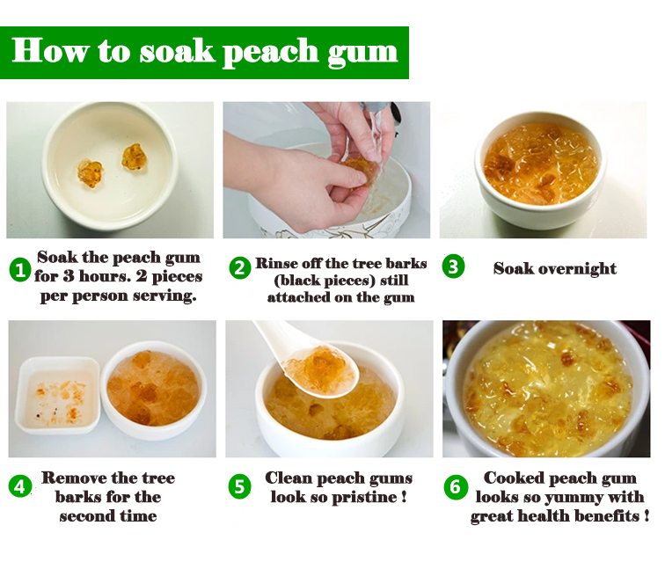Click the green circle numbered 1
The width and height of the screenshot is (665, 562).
tap(20, 270)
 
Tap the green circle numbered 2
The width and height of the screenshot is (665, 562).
tap(239, 268)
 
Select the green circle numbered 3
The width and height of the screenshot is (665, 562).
tap(453, 266)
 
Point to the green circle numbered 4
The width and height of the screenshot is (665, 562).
tap(20, 486)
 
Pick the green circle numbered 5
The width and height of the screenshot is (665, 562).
tap(239, 486)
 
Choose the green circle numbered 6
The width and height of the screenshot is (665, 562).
tap(456, 486)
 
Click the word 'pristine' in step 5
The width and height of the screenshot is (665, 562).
tap(363, 497)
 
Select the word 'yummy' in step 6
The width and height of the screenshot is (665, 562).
tap(569, 497)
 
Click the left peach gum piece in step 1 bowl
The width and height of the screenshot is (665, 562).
tap(91, 173)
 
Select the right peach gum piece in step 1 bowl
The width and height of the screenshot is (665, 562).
tap(134, 157)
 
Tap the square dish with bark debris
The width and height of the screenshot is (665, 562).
tap(58, 395)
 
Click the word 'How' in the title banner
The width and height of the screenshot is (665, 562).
tap(51, 51)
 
